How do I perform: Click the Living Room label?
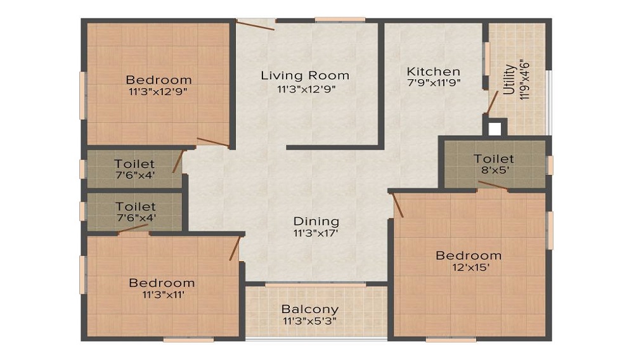click(x=305, y=75)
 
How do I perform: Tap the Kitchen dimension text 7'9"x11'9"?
click(x=434, y=82)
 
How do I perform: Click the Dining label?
click(x=316, y=221)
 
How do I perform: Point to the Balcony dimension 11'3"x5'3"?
click(x=310, y=321)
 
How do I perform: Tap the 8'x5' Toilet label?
click(x=494, y=158)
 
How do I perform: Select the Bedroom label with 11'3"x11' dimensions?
click(x=162, y=283)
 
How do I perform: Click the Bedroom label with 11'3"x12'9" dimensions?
click(x=158, y=80)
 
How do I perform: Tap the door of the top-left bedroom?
click(x=212, y=142)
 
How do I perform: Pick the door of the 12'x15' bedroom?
click(x=398, y=205)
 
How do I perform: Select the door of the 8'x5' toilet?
click(x=493, y=185)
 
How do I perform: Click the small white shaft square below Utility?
click(x=495, y=129)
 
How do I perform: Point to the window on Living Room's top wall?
click(x=340, y=20)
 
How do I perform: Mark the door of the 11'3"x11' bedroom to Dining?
click(x=235, y=248)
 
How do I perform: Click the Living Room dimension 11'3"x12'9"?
click(x=306, y=89)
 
